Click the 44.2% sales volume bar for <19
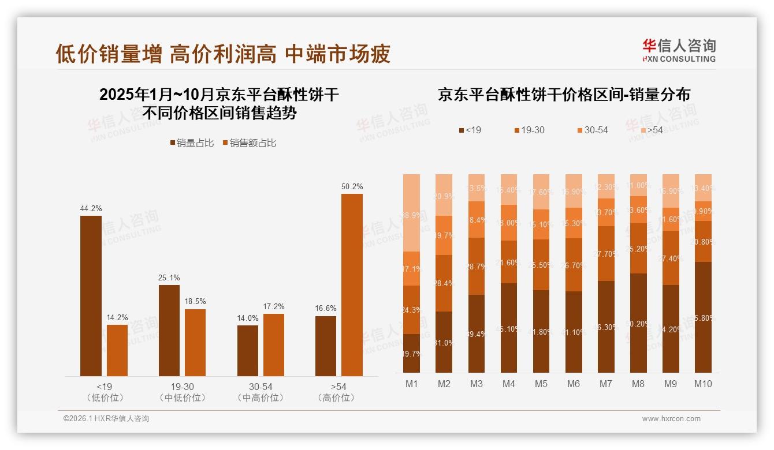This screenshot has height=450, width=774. [x=91, y=296]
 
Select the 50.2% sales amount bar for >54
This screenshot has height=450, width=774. [x=352, y=285]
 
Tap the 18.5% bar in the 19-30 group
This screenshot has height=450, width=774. [x=195, y=343]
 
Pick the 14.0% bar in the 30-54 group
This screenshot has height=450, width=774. [x=248, y=351]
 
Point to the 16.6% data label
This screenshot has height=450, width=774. [x=326, y=309]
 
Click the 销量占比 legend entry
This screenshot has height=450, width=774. [x=191, y=143]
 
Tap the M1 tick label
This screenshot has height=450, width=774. [x=411, y=384]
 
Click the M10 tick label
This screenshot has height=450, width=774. [x=703, y=384]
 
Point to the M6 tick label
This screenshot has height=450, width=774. [x=574, y=384]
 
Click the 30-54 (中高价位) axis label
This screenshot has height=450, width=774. [x=261, y=392]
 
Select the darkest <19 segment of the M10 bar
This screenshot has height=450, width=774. [x=703, y=317]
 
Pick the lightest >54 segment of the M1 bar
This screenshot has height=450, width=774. [x=411, y=213]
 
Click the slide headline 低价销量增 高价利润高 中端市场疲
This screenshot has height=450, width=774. [x=223, y=54]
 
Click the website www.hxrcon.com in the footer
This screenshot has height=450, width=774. [x=671, y=419]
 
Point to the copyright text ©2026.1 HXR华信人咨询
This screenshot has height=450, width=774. [x=106, y=419]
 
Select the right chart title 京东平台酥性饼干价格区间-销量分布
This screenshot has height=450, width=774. [x=564, y=95]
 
